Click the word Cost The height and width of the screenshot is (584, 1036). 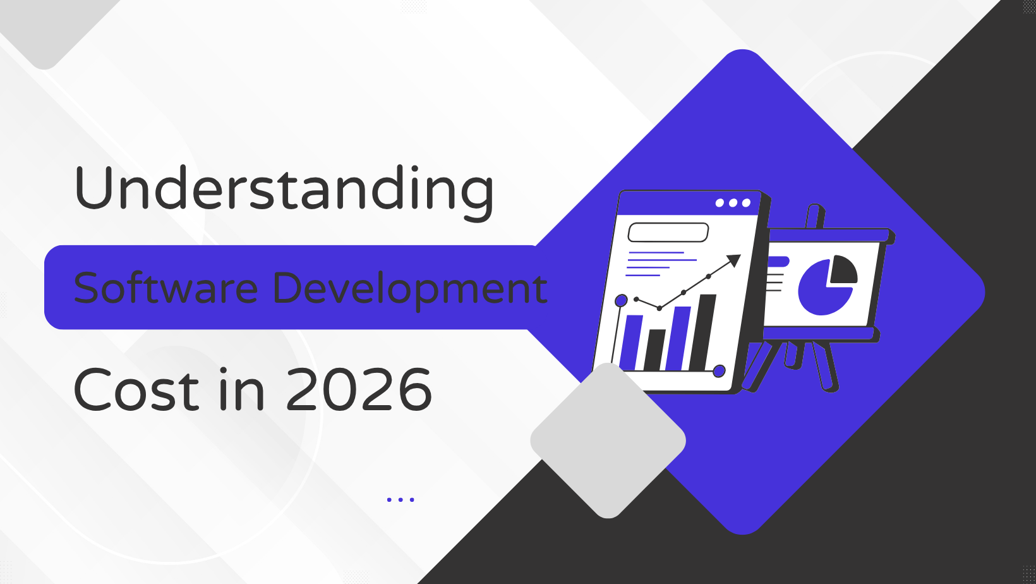[x=136, y=389]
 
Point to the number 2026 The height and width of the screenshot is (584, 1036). [x=358, y=389]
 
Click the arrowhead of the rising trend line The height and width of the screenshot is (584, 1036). [x=733, y=261]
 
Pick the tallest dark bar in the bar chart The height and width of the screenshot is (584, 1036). [x=704, y=332]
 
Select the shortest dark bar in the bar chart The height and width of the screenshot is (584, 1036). [x=654, y=350]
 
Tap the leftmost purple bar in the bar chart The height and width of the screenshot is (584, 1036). [x=631, y=343]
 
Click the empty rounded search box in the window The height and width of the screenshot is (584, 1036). [x=668, y=233]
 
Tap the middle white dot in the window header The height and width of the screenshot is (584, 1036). [x=733, y=203]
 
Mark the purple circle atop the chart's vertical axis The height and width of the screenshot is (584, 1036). [x=621, y=301]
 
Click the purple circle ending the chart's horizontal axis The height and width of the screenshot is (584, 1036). [x=719, y=370]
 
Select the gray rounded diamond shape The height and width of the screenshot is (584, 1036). [x=608, y=441]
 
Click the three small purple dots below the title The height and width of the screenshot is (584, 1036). [x=401, y=500]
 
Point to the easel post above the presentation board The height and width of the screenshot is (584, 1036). [x=815, y=216]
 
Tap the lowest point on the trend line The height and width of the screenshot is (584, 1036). [x=660, y=308]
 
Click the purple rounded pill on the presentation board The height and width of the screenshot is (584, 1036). [x=778, y=262]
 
